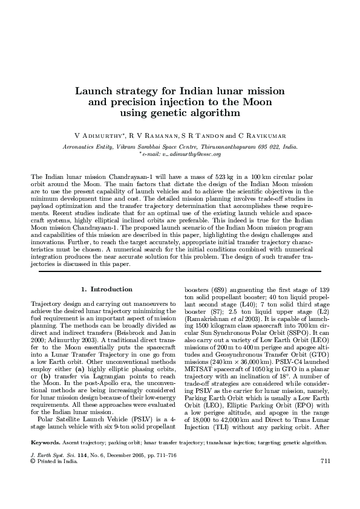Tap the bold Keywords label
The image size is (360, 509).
click(45, 460)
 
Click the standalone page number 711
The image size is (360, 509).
click(324, 479)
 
